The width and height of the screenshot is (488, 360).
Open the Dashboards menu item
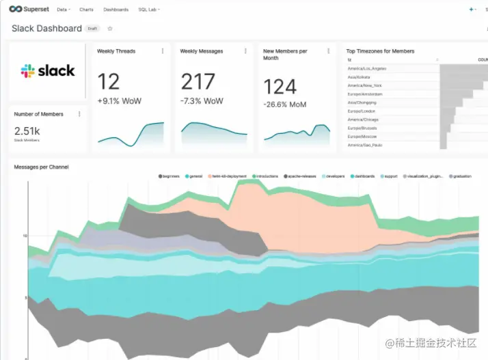pos(116,10)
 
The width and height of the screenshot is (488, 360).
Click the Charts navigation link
pos(86,10)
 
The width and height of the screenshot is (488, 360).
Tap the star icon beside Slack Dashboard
pos(110,29)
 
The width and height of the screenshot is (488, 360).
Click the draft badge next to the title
pos(92,29)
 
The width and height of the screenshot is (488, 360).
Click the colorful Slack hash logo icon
pos(27,71)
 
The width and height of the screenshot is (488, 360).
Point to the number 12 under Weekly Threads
pos(109,83)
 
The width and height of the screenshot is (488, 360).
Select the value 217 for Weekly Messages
pos(198,83)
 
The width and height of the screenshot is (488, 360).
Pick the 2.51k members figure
pos(27,130)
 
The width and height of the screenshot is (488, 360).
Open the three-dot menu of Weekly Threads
pos(162,51)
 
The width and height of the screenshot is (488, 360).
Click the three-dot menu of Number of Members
pos(80,114)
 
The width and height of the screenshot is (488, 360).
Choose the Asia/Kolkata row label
pos(362,77)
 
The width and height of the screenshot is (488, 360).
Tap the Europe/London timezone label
pos(362,111)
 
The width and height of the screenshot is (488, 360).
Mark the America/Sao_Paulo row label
pos(366,145)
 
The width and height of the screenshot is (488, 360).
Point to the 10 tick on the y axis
pos(25,236)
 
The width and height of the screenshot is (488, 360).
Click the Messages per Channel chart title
pos(41,167)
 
